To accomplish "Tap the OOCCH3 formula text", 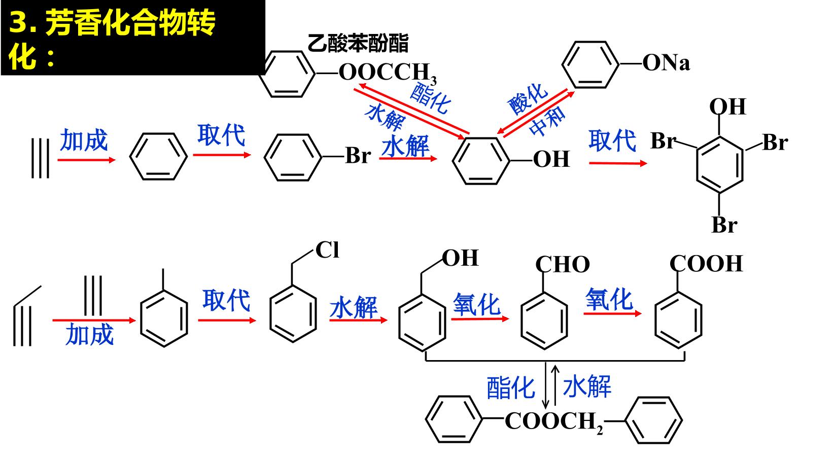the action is (x=388, y=73).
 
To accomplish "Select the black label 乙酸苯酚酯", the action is (x=358, y=43).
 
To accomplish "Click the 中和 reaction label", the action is (x=547, y=121).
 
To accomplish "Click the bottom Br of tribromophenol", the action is (x=724, y=225).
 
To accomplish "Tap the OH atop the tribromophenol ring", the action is (x=727, y=107).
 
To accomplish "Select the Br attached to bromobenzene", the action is (x=358, y=156).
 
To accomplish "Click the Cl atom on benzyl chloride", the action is (x=327, y=250).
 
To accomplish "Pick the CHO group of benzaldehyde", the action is (x=563, y=265).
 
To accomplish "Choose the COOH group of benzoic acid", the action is (x=706, y=264).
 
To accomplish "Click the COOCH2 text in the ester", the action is (x=553, y=422).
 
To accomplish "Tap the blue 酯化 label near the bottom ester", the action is (x=510, y=388).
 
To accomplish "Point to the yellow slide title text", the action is (x=111, y=39).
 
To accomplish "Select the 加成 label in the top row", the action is (x=84, y=140).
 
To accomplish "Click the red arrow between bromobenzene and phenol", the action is (x=408, y=159).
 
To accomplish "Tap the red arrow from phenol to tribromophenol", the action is (x=618, y=163).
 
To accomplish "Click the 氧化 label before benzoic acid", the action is (x=609, y=299).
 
